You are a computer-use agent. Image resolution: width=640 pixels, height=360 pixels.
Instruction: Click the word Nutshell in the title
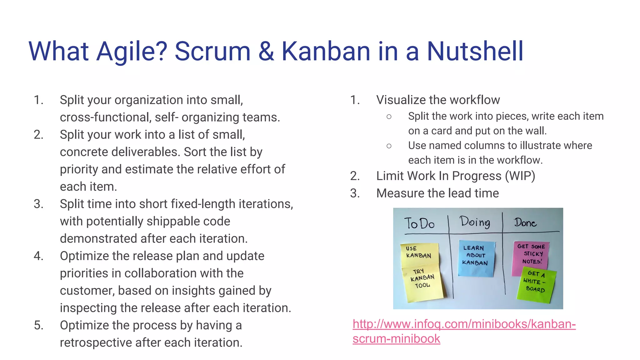click(x=475, y=51)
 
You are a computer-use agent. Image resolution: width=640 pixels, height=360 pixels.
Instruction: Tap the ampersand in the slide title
click(x=266, y=51)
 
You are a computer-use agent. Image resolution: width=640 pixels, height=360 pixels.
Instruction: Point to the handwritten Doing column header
click(x=475, y=222)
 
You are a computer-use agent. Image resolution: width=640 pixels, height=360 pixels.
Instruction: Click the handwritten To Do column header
click(x=419, y=224)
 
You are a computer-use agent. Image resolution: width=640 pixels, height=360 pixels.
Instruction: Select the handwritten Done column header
click(x=525, y=223)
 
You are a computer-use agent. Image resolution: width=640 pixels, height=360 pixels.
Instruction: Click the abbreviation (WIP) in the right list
click(x=520, y=176)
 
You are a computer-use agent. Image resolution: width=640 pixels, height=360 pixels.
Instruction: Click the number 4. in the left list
click(x=38, y=256)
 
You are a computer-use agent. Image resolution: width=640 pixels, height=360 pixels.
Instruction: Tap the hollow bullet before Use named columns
click(x=389, y=146)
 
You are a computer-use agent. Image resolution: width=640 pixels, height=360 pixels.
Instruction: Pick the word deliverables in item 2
click(x=145, y=152)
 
